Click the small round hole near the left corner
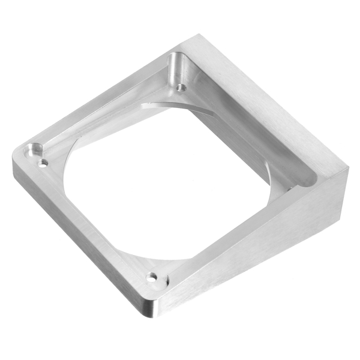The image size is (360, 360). (43, 162)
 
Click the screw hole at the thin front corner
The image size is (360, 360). (152, 278)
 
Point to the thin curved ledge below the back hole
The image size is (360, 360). (174, 107)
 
